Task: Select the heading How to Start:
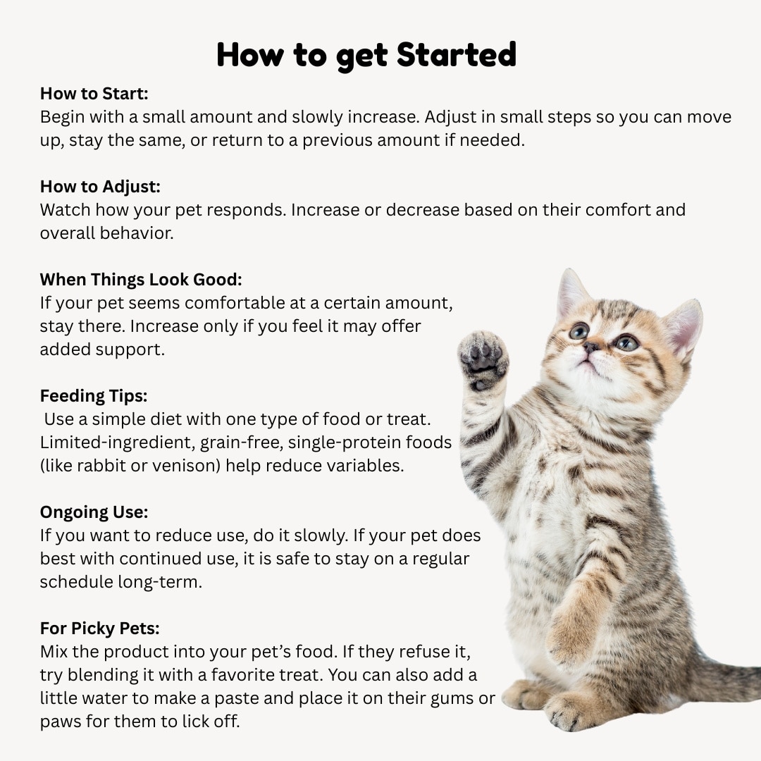coord(94,94)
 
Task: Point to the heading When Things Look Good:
coord(141,280)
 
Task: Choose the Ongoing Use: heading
coord(94,512)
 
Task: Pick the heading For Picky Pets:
coord(100,629)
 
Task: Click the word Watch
coord(65,210)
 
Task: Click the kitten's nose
coord(590,347)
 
